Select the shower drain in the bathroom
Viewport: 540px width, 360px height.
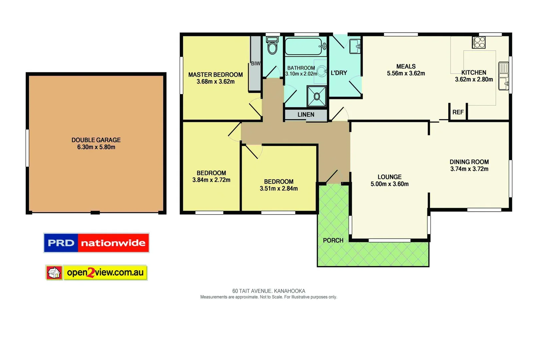coord(317,97)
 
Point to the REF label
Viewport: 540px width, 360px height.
coord(458,112)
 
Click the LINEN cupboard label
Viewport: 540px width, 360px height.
coord(306,115)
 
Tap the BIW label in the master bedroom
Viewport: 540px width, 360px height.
coord(256,63)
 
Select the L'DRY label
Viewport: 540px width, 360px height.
coord(339,73)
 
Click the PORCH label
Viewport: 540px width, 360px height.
coord(333,240)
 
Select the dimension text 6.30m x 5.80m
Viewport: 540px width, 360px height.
coord(96,147)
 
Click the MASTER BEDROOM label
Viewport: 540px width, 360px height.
coord(215,75)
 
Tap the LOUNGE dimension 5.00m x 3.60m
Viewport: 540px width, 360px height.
coord(389,184)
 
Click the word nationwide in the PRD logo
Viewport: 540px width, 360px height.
coord(113,243)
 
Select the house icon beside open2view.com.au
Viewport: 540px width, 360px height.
coord(54,273)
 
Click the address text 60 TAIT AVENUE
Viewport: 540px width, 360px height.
coord(252,291)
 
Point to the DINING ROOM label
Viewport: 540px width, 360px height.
coord(469,162)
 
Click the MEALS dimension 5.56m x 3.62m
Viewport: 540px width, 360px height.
coord(406,73)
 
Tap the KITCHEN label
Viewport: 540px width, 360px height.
coord(473,73)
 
